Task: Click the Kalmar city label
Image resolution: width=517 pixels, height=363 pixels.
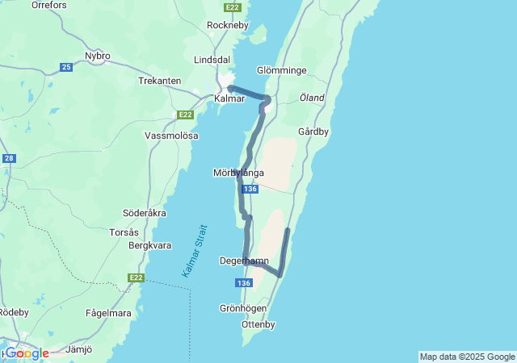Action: tap(229, 98)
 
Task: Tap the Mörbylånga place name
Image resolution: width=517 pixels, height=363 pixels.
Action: tap(238, 173)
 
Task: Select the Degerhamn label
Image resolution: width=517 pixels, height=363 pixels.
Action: tap(244, 261)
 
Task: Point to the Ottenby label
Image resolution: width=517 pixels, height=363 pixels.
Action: tap(258, 324)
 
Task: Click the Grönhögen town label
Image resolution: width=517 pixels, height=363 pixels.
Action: tap(243, 308)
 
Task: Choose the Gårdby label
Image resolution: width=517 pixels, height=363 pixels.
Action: tap(313, 131)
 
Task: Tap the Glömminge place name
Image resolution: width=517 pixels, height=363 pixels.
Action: tap(281, 71)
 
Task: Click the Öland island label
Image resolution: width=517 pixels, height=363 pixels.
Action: tap(312, 98)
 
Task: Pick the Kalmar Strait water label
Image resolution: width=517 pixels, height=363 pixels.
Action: tap(190, 251)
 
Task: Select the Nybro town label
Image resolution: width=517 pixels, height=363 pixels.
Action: tap(98, 56)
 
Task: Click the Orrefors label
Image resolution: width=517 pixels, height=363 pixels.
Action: tap(48, 5)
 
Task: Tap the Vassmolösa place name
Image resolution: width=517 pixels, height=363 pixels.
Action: tap(171, 136)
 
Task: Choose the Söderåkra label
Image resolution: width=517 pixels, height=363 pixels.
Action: tap(145, 213)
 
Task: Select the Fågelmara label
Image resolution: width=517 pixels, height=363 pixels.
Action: tap(109, 313)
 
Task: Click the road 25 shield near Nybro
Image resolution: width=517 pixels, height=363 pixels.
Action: tap(66, 67)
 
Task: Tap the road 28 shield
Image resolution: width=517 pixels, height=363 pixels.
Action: tap(9, 159)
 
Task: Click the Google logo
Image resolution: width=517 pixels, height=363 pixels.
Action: tap(27, 353)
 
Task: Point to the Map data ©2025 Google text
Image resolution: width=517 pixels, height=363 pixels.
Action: tap(467, 357)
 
